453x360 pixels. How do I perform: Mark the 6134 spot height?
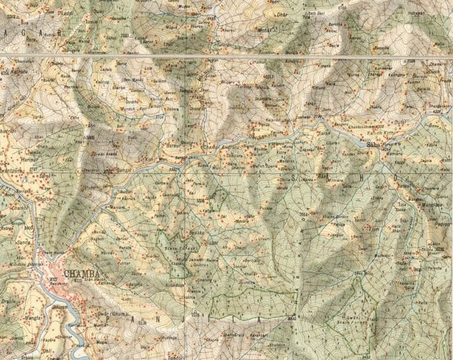141,322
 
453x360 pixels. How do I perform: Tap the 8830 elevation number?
291,318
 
